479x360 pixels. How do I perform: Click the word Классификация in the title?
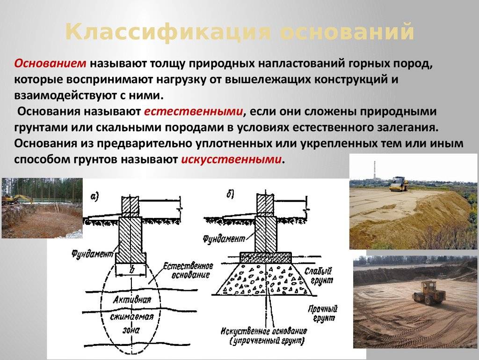click(168, 32)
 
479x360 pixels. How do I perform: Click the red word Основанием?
click(51, 63)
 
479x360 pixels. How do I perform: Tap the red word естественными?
click(193, 112)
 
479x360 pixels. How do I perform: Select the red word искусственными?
click(231, 159)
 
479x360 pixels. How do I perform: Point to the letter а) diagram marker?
click(94, 196)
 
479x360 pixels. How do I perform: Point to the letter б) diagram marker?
click(230, 194)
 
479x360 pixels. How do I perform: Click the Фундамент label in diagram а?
click(93, 254)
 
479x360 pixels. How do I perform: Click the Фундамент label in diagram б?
click(224, 239)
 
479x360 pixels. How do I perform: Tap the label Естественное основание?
click(188, 270)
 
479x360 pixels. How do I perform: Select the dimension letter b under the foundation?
click(132, 270)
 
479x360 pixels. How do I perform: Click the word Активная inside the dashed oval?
click(132, 300)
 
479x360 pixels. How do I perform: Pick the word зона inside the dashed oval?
click(131, 330)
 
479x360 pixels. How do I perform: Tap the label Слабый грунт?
click(319, 276)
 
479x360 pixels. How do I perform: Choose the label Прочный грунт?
click(323, 314)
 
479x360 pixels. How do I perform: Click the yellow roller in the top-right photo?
click(399, 184)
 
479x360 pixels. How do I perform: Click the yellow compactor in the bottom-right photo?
click(427, 292)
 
